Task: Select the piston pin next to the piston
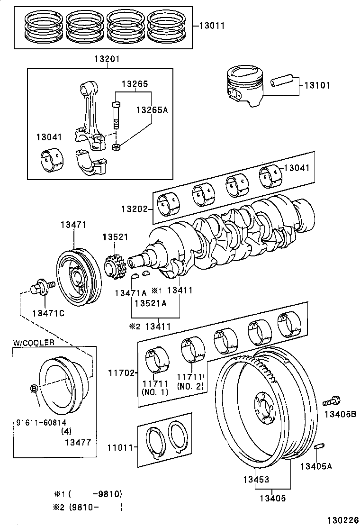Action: (x=283, y=82)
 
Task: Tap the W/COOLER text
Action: (x=34, y=342)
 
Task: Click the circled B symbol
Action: (x=34, y=389)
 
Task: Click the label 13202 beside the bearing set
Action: (x=134, y=209)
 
